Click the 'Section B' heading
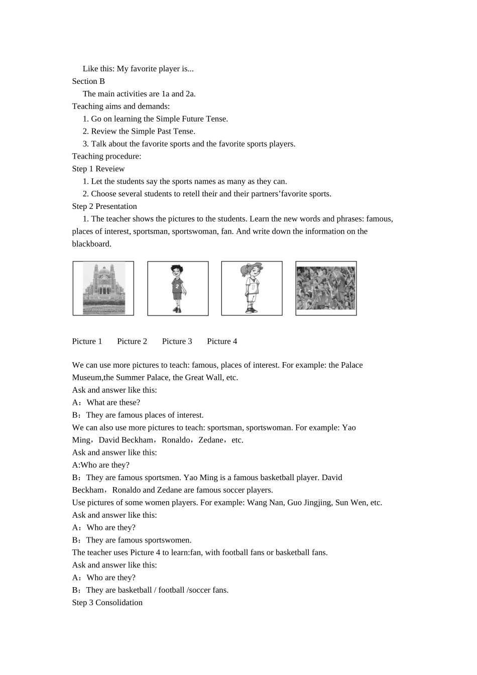coord(88,81)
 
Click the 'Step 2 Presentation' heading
coord(104,206)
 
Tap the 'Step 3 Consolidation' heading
coord(107,603)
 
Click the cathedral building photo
coord(103,288)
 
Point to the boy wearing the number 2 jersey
coord(177,288)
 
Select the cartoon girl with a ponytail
coord(252,288)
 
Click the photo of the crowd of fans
coord(326,288)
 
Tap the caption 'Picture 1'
coord(87,342)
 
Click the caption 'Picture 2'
coord(132,342)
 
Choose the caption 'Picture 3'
coord(177,342)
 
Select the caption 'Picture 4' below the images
coord(222,342)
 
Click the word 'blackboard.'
coord(91,244)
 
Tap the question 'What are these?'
coord(113,403)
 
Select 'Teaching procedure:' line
coord(106,156)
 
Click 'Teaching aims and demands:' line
coord(121,106)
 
